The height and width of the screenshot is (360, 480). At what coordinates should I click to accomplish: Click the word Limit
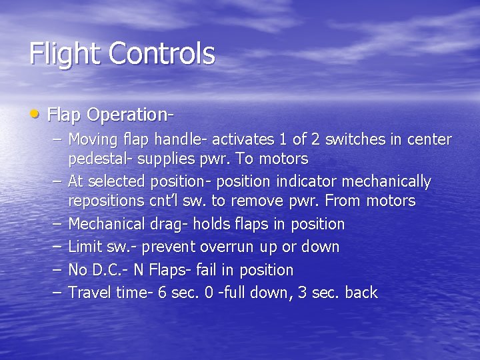tap(85, 247)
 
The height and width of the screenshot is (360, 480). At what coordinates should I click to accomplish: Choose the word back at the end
tap(362, 292)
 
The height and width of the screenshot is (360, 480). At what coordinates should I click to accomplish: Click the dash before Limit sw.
tap(58, 247)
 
